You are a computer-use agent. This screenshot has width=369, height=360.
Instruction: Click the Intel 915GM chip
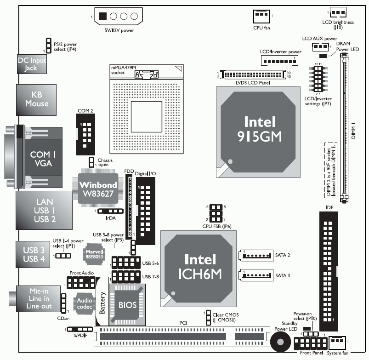(260, 128)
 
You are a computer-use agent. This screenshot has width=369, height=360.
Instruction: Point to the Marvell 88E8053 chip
(93, 254)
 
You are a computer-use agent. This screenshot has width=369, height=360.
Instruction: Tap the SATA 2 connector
(256, 255)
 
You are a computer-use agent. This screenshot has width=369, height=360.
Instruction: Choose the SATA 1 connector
(256, 276)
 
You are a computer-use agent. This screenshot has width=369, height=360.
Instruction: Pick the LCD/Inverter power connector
(275, 61)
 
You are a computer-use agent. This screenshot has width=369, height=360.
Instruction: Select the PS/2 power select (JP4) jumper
(48, 45)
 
